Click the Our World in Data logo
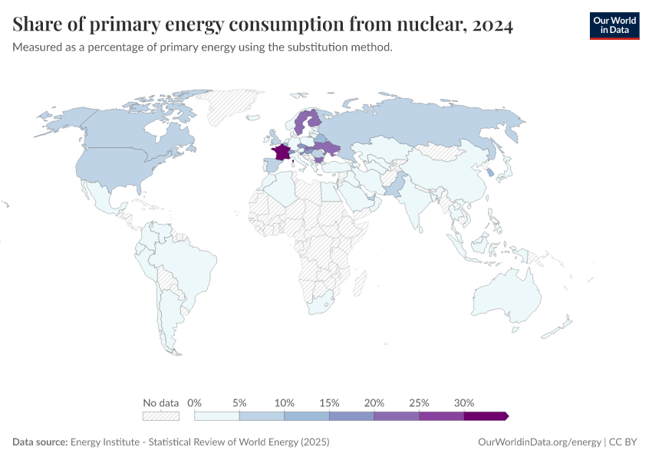tap(614, 25)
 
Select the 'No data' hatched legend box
tap(160, 416)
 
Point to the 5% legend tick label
tap(239, 402)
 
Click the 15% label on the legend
tap(329, 402)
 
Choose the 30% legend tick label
tap(464, 402)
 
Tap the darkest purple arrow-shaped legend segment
tap(486, 416)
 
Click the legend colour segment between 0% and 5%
tap(217, 416)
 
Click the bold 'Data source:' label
tap(40, 442)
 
